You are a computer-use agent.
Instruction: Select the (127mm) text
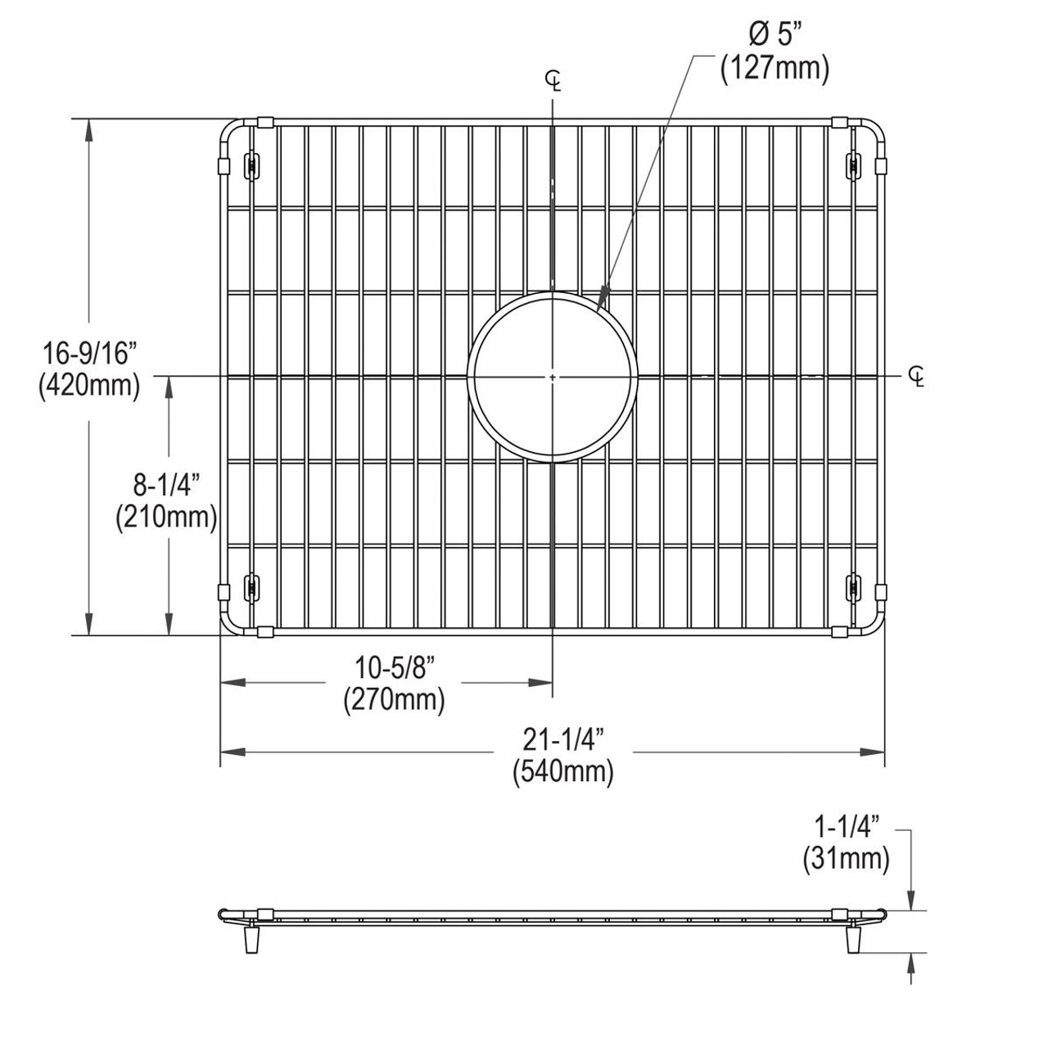tap(775, 69)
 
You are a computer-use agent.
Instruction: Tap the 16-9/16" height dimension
tap(88, 353)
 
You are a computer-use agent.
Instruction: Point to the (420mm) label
tap(88, 384)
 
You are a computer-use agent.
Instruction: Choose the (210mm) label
tap(166, 517)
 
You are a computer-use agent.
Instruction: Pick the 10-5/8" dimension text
tap(394, 669)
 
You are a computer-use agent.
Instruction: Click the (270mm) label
tap(394, 700)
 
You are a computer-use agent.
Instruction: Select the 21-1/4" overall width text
tap(563, 740)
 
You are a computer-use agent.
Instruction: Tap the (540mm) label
tap(563, 771)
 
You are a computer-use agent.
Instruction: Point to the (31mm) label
tap(846, 858)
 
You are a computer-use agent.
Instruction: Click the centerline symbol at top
tap(555, 79)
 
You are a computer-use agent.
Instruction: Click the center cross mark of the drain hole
tap(553, 377)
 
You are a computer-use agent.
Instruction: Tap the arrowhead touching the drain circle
tap(603, 298)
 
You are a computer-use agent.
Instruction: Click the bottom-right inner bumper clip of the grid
tap(853, 586)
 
